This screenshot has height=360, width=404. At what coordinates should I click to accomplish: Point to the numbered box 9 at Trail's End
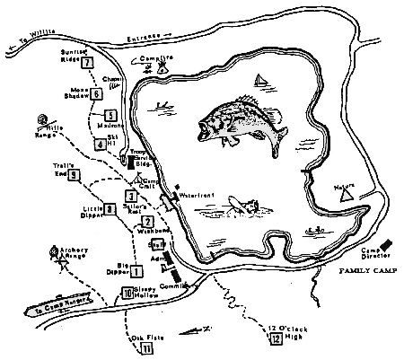[74, 175]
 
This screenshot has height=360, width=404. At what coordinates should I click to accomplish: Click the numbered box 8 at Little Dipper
[109, 208]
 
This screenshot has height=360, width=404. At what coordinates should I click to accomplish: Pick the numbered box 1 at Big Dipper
[137, 268]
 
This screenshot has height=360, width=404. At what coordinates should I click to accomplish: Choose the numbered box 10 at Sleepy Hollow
[127, 292]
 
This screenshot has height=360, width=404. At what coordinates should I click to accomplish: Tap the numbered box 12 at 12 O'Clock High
[276, 338]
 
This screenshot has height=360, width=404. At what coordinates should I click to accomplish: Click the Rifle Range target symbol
[41, 119]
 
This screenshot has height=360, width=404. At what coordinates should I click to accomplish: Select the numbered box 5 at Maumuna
[110, 114]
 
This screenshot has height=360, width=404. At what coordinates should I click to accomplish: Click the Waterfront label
[193, 194]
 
